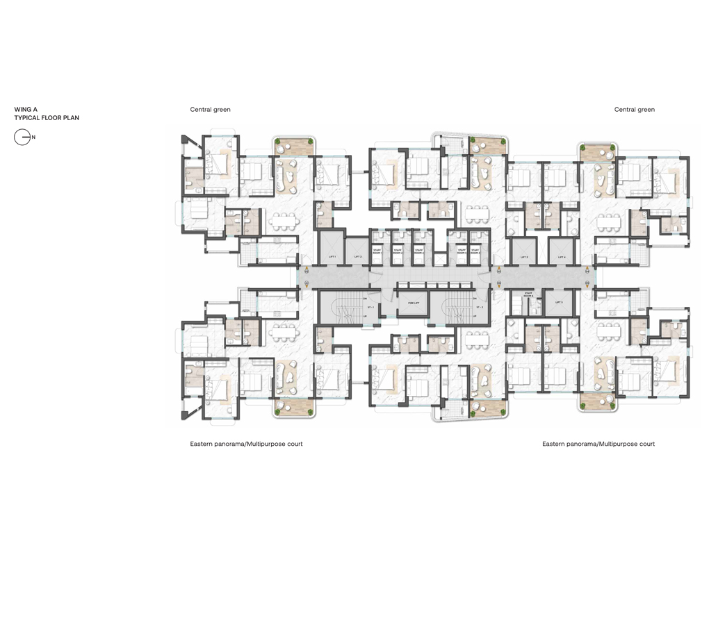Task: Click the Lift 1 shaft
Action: pyautogui.click(x=332, y=257)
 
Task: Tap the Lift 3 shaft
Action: pyautogui.click(x=523, y=257)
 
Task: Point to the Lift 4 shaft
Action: pyautogui.click(x=562, y=257)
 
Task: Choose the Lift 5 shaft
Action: pyautogui.click(x=559, y=303)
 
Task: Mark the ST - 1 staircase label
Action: pyautogui.click(x=370, y=307)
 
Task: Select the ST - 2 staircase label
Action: pyautogui.click(x=480, y=307)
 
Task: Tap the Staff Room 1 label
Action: pyautogui.click(x=377, y=251)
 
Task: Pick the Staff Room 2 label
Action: pyautogui.click(x=398, y=251)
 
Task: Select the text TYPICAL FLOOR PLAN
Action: pyautogui.click(x=47, y=118)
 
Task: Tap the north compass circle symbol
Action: pyautogui.click(x=22, y=137)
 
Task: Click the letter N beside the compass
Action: pyautogui.click(x=33, y=137)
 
